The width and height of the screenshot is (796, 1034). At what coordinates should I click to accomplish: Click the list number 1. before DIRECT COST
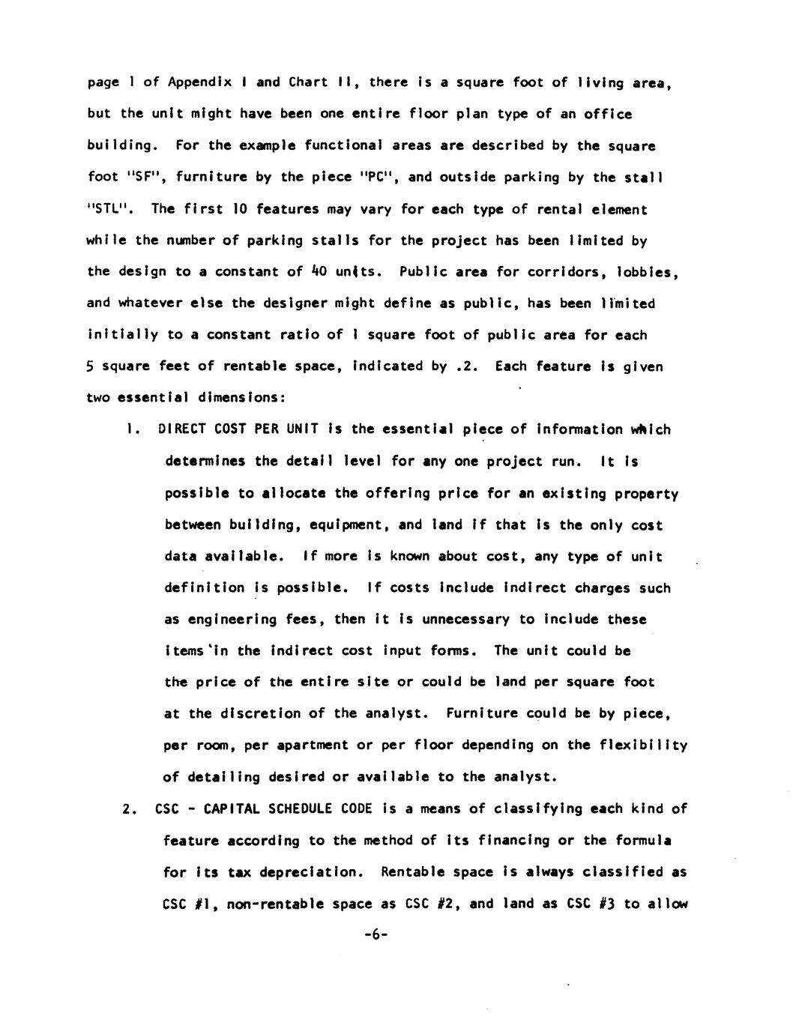tap(133, 429)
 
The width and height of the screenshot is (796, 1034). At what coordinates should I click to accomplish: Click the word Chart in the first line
tap(307, 82)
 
